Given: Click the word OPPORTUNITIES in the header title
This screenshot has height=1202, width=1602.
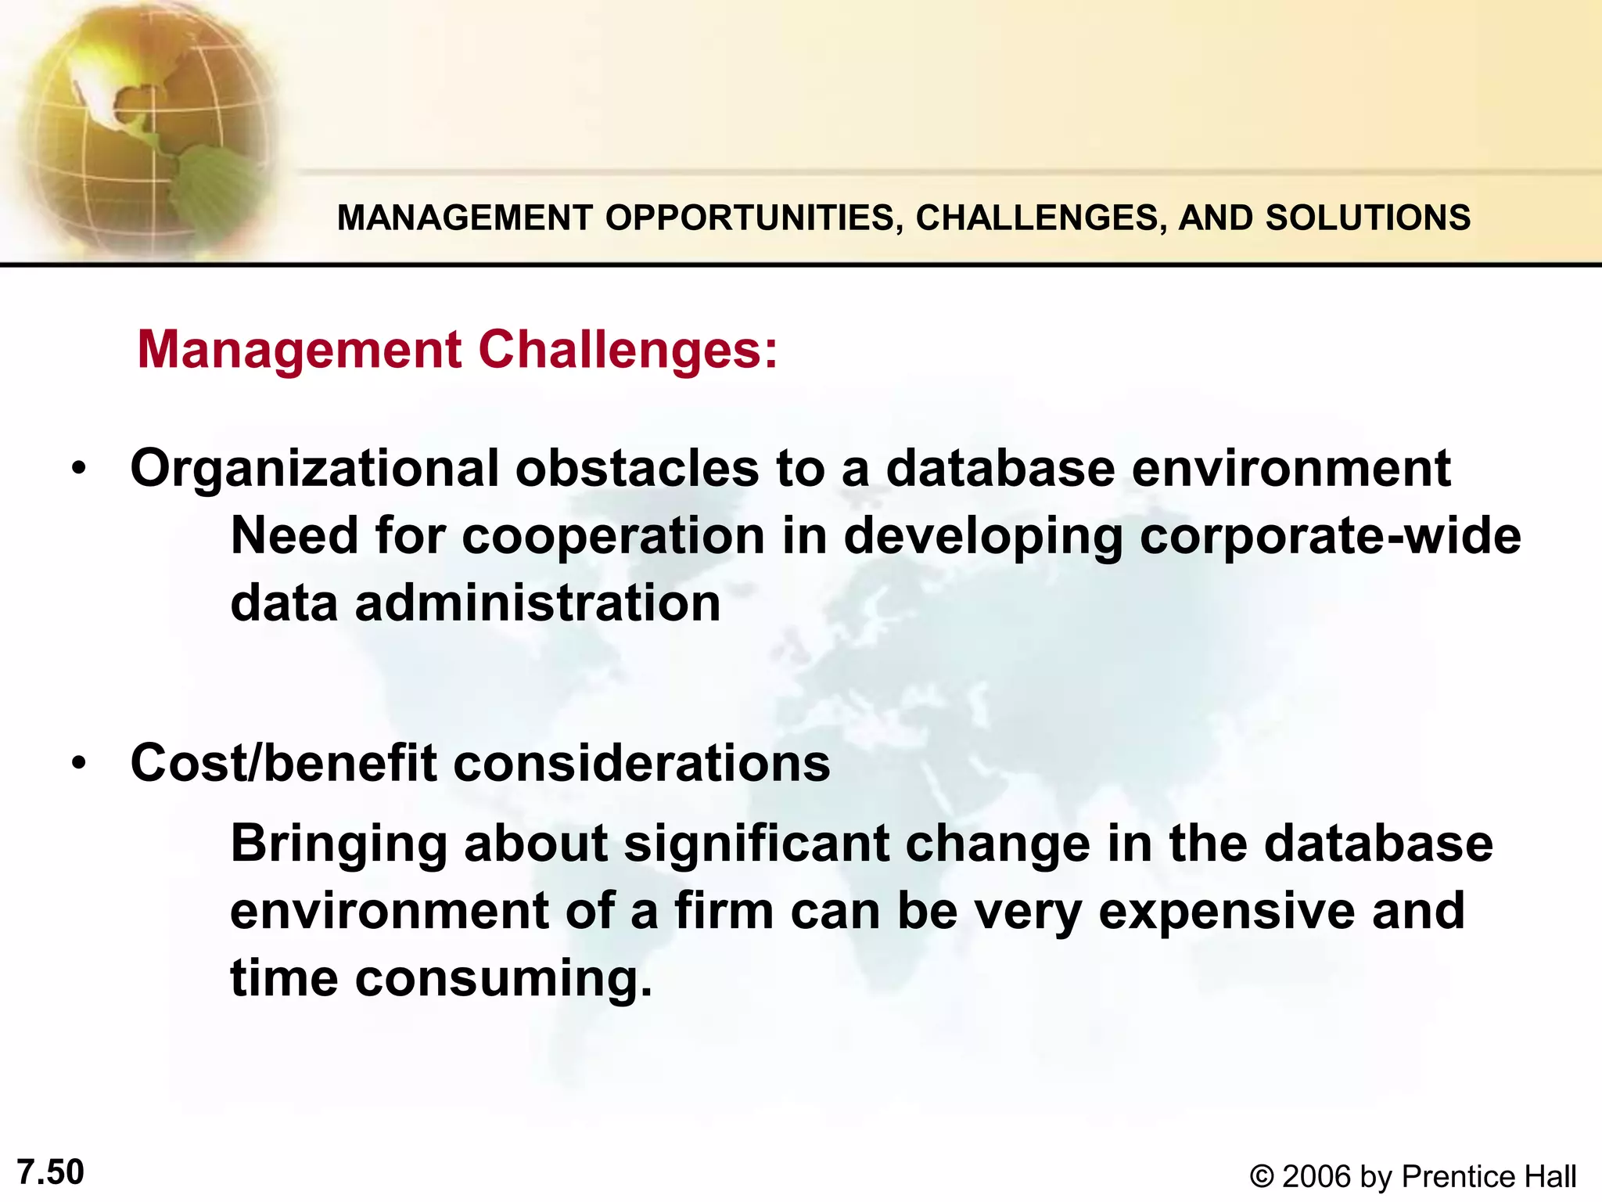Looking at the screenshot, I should point(750,218).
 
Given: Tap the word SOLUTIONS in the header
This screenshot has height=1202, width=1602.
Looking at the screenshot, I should point(1368,218).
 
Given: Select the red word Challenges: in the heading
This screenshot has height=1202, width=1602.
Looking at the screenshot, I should point(628,349).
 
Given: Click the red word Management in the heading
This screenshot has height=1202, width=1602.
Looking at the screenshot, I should point(300,351).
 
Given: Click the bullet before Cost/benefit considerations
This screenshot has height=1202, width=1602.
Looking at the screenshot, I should point(78,763).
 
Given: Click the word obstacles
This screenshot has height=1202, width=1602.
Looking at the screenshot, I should point(637,468).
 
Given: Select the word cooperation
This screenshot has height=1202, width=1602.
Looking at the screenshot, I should point(613,537).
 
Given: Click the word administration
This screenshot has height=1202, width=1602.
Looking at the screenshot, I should point(537,603).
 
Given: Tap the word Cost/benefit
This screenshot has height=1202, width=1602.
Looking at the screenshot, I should point(283,762).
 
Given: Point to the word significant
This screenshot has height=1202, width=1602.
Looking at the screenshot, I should point(756,844).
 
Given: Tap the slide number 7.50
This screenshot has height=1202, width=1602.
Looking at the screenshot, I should point(50,1172).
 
